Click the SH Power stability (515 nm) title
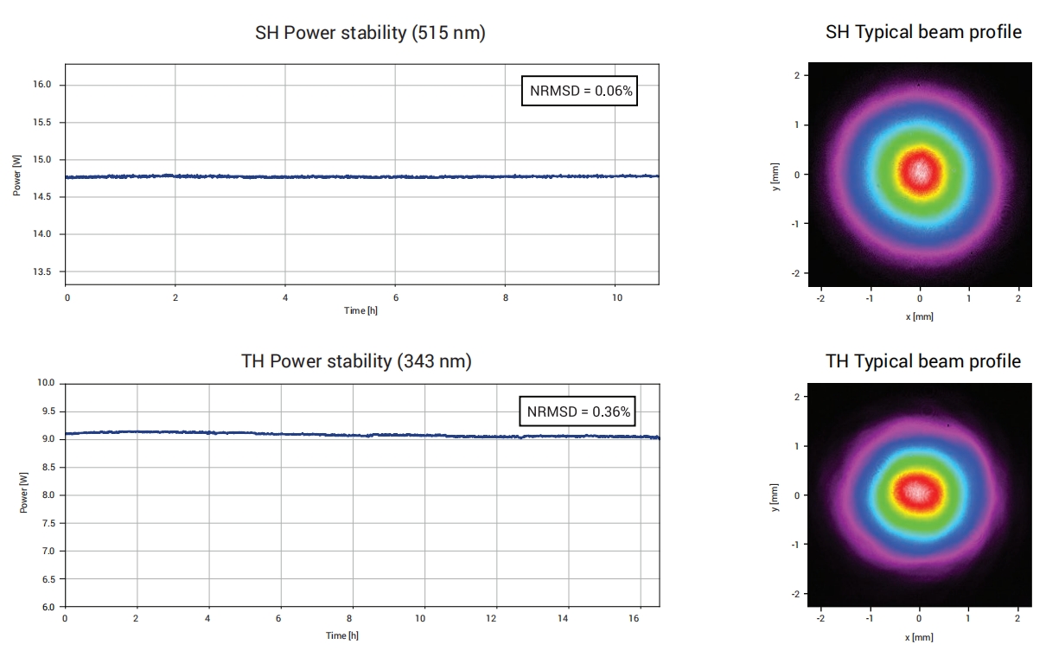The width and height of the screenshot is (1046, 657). coord(370,34)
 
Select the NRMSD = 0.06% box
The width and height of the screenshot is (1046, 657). coord(579,90)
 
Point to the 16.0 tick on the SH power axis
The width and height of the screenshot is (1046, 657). coord(43,85)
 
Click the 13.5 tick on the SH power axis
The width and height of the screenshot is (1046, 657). coord(43,272)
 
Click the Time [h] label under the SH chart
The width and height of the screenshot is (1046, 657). coord(360,310)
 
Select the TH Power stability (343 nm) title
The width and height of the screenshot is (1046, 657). coord(356,361)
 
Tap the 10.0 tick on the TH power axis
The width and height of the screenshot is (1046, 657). coord(46,383)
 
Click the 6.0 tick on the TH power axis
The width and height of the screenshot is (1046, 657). coord(48,607)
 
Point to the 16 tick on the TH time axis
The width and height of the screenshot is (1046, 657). coord(639,619)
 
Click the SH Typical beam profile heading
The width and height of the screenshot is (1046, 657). coord(923,32)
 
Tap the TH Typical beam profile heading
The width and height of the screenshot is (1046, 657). coord(923,361)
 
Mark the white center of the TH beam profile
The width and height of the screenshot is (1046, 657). coord(917,491)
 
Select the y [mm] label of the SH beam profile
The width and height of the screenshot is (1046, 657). coord(775,175)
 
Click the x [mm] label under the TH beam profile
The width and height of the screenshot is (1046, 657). coord(919,638)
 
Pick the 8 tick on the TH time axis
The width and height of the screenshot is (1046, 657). coord(349,619)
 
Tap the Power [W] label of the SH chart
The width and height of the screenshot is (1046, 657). coord(17,175)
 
